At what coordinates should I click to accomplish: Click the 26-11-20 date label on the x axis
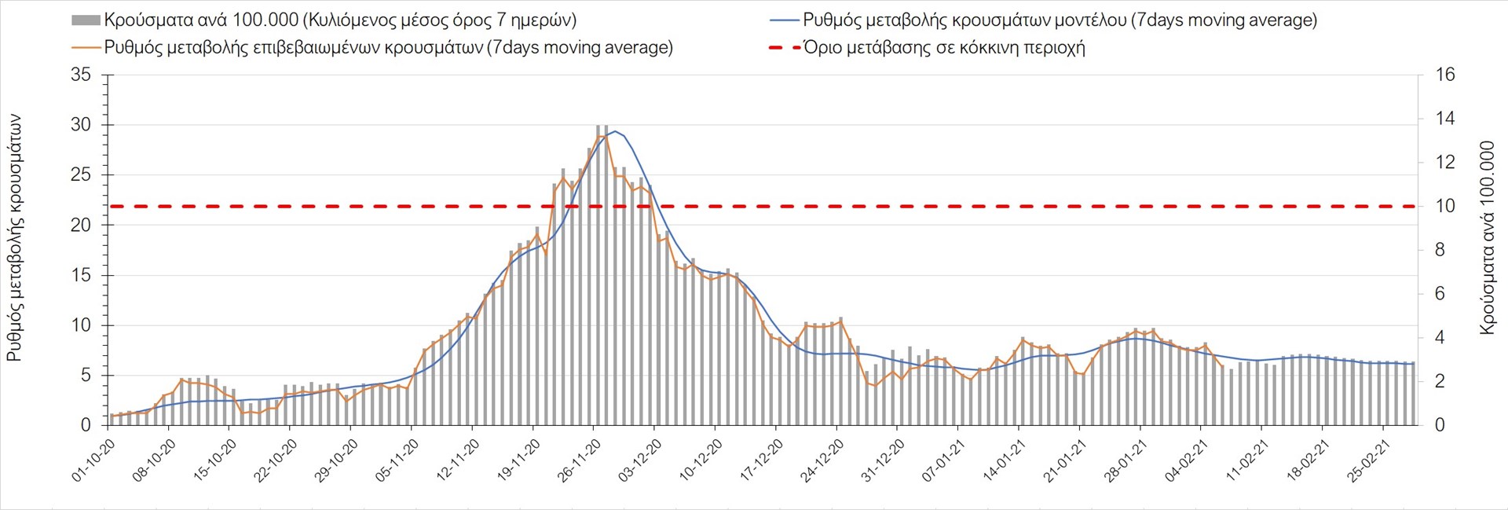[x=580, y=460]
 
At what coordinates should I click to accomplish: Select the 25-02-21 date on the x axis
[x=1368, y=460]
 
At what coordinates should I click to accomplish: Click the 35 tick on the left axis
[x=81, y=75]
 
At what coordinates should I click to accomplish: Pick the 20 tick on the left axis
[x=81, y=226]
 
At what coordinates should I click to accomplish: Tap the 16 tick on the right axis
[x=1445, y=75]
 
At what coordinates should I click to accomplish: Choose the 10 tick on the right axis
[x=1445, y=207]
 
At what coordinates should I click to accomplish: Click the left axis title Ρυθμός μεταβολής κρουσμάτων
[x=14, y=238]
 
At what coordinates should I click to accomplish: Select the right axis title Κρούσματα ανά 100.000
[x=1487, y=238]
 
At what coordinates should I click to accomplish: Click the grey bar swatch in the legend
[x=86, y=20]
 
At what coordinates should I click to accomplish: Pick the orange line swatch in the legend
[x=86, y=48]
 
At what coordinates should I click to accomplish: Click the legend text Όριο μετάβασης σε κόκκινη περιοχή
[x=944, y=48]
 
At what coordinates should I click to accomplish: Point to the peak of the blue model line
[x=615, y=131]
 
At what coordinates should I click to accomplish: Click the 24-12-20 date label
[x=822, y=460]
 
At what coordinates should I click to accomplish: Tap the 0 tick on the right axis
[x=1440, y=425]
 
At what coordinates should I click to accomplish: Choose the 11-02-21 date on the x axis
[x=1247, y=460]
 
